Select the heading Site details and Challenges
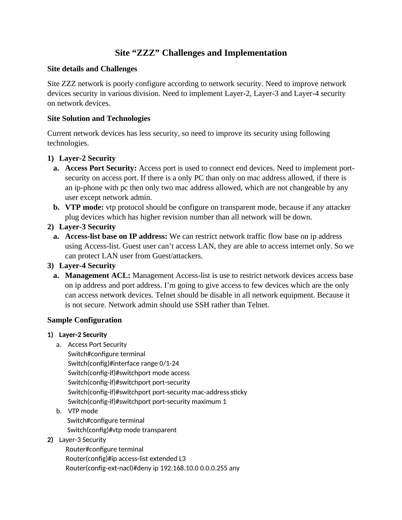pos(92,69)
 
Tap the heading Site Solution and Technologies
pos(99,119)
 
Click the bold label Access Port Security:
pos(101,168)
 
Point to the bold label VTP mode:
pos(84,207)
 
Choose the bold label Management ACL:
pos(98,276)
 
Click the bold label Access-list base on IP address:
pos(116,236)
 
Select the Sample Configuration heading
pos(84,320)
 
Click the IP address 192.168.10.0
pos(179,468)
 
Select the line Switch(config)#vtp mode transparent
pos(122,430)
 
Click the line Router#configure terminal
pos(104,449)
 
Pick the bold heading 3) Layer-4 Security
pos(87,266)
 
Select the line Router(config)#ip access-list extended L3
pos(126,459)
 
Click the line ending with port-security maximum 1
pos(147,402)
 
